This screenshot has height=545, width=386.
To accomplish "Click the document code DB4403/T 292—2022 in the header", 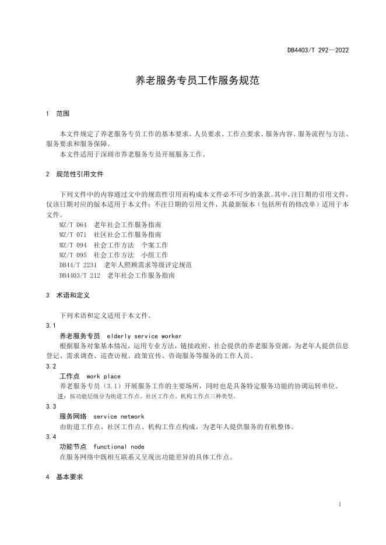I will pos(318,50).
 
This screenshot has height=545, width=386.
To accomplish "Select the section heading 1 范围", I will pos(58,113).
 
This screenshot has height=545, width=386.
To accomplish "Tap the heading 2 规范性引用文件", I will pos(75,174).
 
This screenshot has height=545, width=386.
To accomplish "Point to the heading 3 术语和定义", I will pos(68,295).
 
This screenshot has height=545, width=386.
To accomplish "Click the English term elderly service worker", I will pos(144,336).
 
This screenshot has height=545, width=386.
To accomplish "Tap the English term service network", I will pos(118,416).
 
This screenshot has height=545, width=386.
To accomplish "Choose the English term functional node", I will pos(119,447).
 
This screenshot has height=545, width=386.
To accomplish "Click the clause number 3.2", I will pos(51,366).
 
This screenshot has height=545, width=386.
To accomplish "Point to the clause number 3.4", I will pos(51,437).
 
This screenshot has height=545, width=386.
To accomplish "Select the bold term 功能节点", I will pos(73,447).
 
